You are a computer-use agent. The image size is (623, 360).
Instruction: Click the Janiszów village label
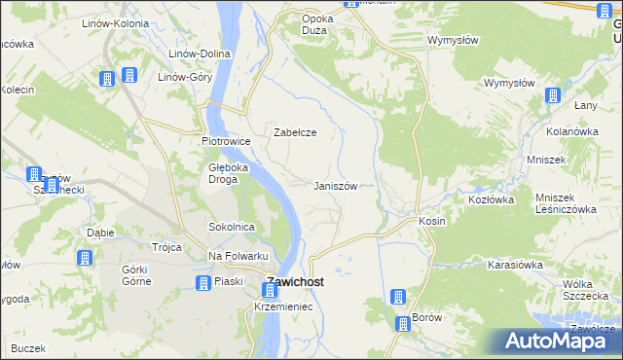(x=340, y=186)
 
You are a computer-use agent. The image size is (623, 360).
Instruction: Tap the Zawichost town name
(x=295, y=283)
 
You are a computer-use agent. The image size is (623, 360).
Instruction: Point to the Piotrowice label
(x=226, y=141)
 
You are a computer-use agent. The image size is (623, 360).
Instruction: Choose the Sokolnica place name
(x=232, y=227)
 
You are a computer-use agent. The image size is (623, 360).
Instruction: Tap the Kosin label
(x=432, y=221)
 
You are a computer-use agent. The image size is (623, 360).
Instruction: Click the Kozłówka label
(x=491, y=198)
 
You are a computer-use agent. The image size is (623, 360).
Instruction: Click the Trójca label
(x=166, y=247)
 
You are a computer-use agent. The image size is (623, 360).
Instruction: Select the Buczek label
(x=29, y=347)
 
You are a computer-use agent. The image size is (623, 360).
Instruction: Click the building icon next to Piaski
(x=202, y=283)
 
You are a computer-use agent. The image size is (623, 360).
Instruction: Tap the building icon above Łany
(x=553, y=96)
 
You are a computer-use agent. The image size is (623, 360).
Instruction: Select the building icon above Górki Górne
(x=85, y=258)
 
